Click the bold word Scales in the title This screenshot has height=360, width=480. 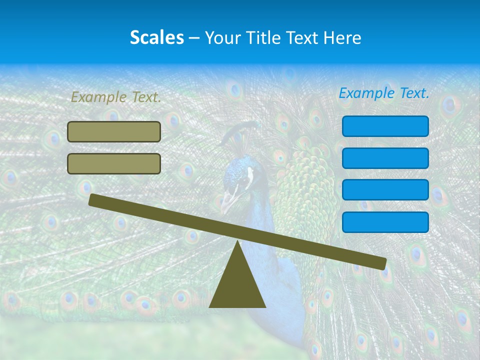pos(156,37)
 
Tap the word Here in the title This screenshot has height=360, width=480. pos(342,37)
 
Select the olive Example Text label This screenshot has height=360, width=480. pos(116,97)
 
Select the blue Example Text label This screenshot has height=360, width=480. pos(384,93)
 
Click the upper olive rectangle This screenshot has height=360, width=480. pos(114,131)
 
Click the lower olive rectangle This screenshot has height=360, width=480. pos(114,163)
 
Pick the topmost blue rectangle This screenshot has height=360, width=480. pos(385,126)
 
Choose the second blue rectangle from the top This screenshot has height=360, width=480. pos(385,158)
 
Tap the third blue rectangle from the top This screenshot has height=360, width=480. pos(385,189)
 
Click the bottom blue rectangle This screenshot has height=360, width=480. pos(385,222)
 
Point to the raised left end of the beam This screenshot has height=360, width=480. pos(93,200)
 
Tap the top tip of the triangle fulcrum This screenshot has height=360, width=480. pos(237,242)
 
